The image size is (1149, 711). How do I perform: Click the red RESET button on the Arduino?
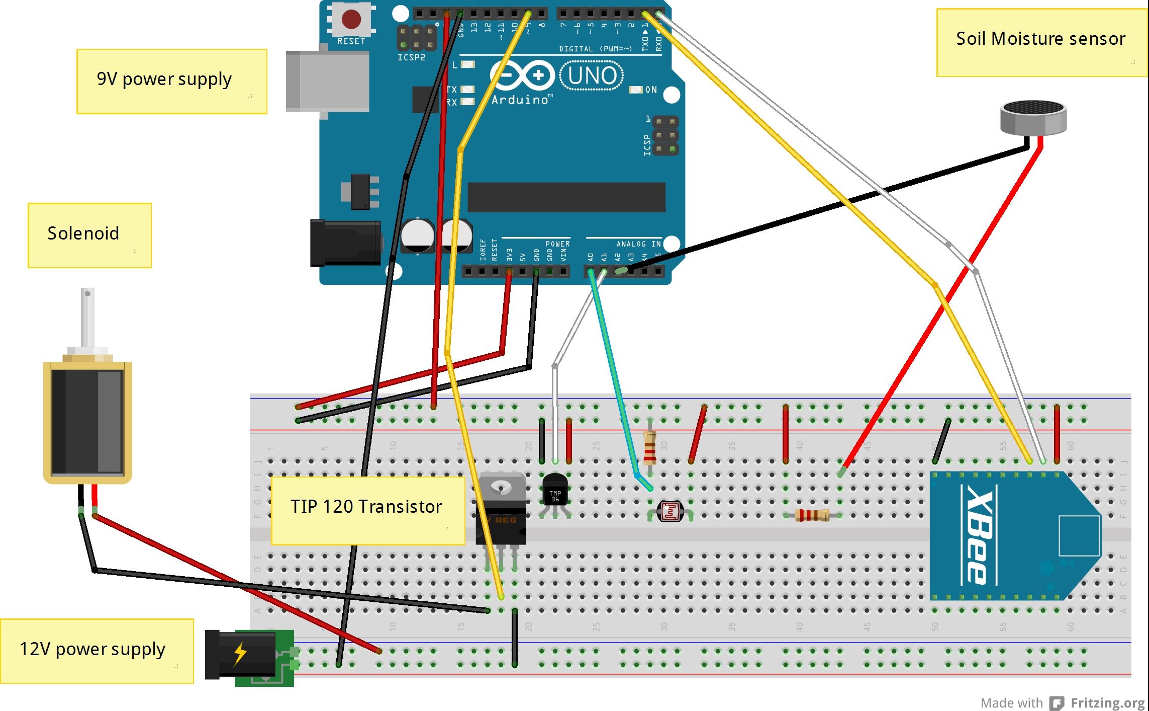point(351,20)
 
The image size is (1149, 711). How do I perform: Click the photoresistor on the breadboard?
point(671,512)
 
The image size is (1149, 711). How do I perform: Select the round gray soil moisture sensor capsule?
point(1033,117)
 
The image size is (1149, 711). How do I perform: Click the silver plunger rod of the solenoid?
point(87,317)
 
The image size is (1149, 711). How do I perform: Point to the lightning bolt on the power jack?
point(240,654)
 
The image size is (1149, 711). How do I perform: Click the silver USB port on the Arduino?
point(327,81)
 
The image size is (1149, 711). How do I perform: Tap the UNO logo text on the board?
point(592,75)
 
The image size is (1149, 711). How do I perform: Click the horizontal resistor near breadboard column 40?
point(812,515)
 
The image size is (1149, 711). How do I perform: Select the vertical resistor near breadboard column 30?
point(649,447)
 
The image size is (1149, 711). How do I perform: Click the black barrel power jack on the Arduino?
point(345,243)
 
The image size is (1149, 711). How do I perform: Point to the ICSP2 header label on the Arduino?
point(411,58)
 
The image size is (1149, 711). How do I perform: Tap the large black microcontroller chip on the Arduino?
point(566,197)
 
